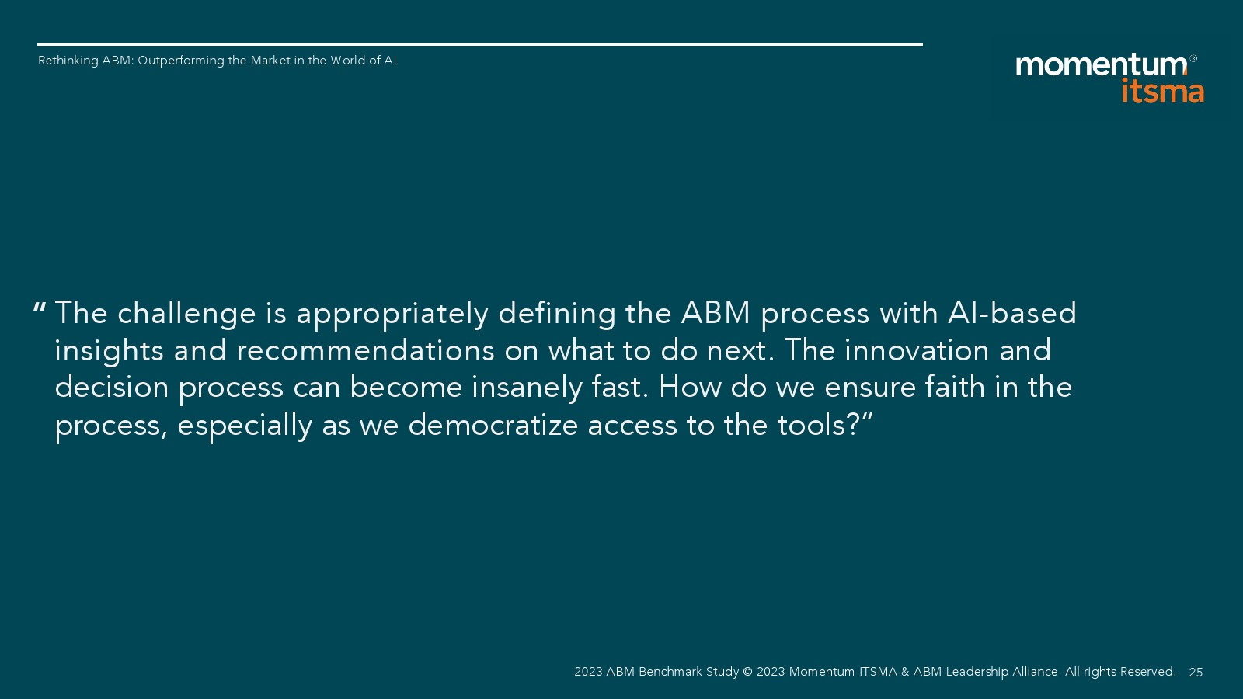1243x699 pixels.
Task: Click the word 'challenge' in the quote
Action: click(x=186, y=314)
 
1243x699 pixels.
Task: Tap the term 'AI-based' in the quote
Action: click(x=1012, y=313)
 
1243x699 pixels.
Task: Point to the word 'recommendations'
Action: click(x=366, y=350)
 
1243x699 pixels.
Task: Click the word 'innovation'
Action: click(x=917, y=350)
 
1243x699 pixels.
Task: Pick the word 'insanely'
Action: click(x=527, y=388)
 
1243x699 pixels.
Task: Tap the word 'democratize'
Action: click(x=493, y=426)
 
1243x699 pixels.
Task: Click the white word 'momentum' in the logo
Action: click(x=1101, y=65)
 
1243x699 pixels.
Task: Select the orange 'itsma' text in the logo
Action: click(x=1162, y=90)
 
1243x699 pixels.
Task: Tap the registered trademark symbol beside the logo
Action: click(x=1193, y=58)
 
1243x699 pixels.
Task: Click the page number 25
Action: click(x=1196, y=673)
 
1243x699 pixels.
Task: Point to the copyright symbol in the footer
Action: click(x=747, y=672)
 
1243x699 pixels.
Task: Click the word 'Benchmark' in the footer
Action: click(x=670, y=672)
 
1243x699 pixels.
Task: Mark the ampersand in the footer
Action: click(x=905, y=672)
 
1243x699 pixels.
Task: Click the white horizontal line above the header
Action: click(x=480, y=44)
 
